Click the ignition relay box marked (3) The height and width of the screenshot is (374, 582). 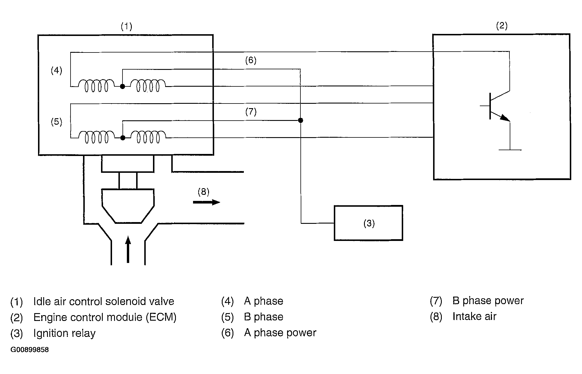pos(368,223)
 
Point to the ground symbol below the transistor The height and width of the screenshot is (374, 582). pos(510,150)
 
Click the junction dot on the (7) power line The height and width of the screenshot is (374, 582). pos(300,120)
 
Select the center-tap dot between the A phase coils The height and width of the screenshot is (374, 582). pos(122,86)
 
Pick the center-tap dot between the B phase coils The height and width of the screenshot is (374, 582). pos(122,138)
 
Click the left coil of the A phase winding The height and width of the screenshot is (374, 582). pos(97,86)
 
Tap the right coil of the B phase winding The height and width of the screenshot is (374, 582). pos(148,137)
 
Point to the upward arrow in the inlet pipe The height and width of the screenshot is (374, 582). pos(128,249)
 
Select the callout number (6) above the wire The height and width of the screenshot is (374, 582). pos(251,60)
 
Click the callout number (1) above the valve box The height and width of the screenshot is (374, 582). pos(126,26)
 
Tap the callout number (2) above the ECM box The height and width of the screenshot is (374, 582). pos(502,26)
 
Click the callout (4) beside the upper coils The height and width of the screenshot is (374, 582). pos(56,70)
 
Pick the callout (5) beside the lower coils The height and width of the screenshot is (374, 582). pos(56,121)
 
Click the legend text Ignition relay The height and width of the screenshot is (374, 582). pos(64,333)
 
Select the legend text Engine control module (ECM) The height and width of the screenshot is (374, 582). pos(105,317)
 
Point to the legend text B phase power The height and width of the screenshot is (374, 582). pos(488,301)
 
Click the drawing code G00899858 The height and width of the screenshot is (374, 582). pos(30,350)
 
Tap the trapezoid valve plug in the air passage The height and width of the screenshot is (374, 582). pos(128,206)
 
